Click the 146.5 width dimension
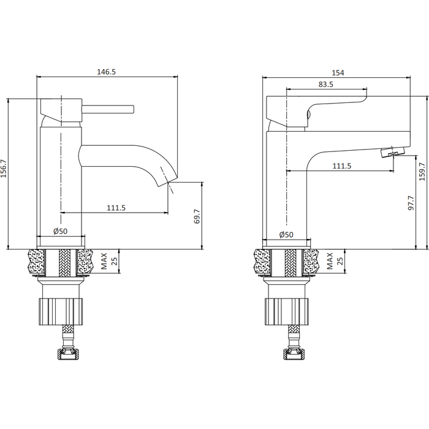pyautogui.click(x=107, y=72)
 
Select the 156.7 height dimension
pyautogui.click(x=4, y=169)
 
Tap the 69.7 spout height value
pyautogui.click(x=197, y=216)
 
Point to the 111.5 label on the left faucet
pyautogui.click(x=116, y=208)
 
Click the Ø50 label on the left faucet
pyautogui.click(x=60, y=232)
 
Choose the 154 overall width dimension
pyautogui.click(x=338, y=73)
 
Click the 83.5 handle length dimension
pyautogui.click(x=325, y=85)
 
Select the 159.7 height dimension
pyautogui.click(x=422, y=171)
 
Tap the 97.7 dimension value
pyautogui.click(x=411, y=203)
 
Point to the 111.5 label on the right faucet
pyautogui.click(x=342, y=166)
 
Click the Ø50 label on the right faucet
pyautogui.click(x=286, y=235)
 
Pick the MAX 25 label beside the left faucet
pyautogui.click(x=109, y=261)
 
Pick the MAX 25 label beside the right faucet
pyautogui.click(x=335, y=261)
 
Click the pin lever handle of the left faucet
pyautogui.click(x=108, y=109)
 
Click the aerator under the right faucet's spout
pyautogui.click(x=393, y=152)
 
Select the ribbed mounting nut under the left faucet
pyautogui.click(x=60, y=311)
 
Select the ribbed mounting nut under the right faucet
pyautogui.click(x=287, y=311)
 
